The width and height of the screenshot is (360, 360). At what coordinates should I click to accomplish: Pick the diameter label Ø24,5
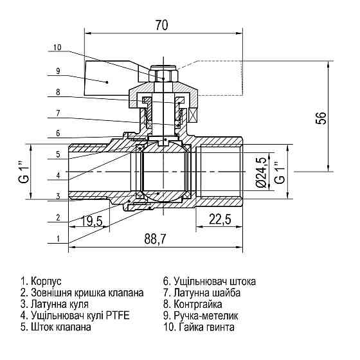(260, 173)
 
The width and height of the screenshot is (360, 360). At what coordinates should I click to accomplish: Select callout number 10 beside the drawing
(57, 47)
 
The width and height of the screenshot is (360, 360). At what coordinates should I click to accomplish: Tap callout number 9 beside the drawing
(57, 71)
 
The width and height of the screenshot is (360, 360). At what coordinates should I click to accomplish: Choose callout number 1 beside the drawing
(57, 238)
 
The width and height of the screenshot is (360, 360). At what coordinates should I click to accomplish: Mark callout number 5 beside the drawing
(57, 154)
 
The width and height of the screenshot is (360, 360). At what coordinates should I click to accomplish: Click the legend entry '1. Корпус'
(41, 282)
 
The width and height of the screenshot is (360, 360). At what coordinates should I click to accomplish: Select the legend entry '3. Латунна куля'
(55, 304)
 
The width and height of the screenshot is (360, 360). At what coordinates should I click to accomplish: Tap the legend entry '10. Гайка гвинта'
(199, 327)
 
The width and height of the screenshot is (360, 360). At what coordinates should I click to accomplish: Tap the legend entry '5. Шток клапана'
(56, 327)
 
